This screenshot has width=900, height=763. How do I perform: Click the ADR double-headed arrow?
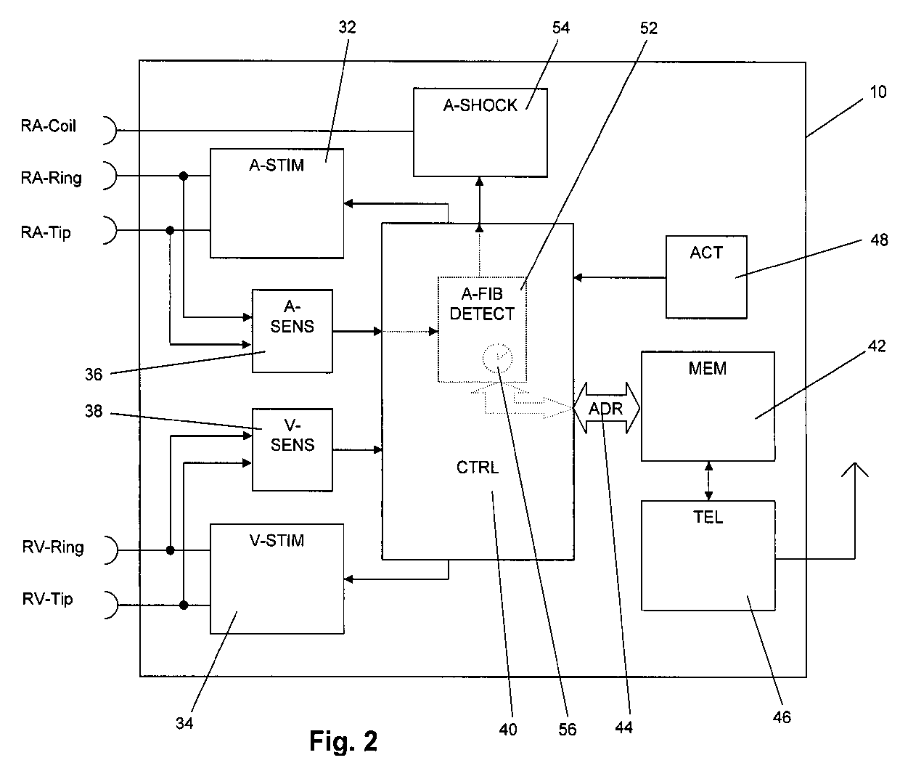click(606, 408)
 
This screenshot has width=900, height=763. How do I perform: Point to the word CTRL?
click(478, 468)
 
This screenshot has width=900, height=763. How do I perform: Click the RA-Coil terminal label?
click(48, 126)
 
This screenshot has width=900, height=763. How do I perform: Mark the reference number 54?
click(561, 28)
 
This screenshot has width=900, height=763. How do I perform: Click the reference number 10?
click(878, 93)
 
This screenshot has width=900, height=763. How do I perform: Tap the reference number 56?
click(568, 729)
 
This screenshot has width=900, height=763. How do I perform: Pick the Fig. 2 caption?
click(343, 741)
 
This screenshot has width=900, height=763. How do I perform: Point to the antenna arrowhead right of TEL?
click(855, 470)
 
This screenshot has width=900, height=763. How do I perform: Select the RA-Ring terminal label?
click(51, 178)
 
